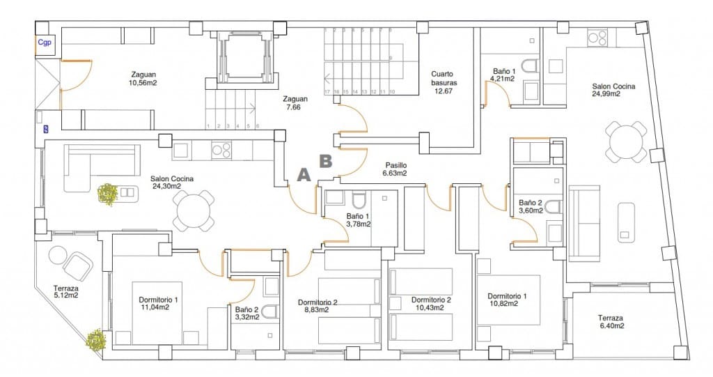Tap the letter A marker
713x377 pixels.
(x=304, y=175)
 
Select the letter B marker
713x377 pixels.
(x=325, y=161)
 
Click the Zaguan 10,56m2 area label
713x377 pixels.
(x=143, y=79)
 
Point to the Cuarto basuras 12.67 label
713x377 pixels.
(x=443, y=82)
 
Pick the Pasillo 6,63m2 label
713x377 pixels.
(x=393, y=169)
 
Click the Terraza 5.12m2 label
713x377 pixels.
(x=65, y=291)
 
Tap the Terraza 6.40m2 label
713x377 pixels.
(x=611, y=321)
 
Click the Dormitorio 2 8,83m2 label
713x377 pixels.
(x=318, y=306)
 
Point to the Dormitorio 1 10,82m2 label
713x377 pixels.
(x=507, y=300)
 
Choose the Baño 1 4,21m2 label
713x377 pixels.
(x=504, y=75)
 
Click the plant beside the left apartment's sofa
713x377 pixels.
(x=107, y=194)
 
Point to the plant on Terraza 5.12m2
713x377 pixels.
(x=95, y=339)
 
